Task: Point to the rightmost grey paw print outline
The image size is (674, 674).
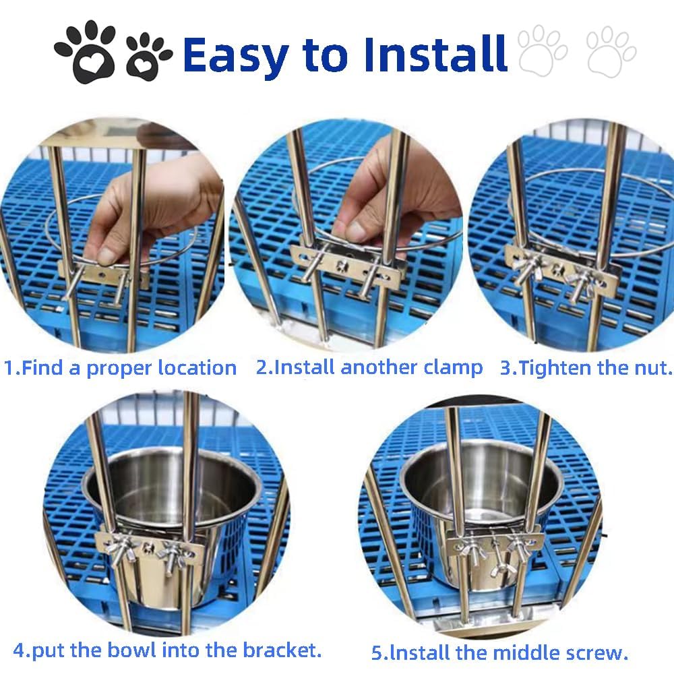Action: click(x=611, y=51)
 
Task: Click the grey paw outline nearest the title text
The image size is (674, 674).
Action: click(x=543, y=50)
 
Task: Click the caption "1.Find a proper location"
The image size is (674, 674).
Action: click(x=121, y=368)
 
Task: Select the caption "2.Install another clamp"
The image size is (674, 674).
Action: click(x=369, y=367)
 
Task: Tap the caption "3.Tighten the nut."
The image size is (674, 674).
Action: click(x=586, y=367)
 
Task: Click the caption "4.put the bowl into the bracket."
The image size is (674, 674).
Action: click(x=166, y=650)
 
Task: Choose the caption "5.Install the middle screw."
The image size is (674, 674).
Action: click(x=499, y=652)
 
